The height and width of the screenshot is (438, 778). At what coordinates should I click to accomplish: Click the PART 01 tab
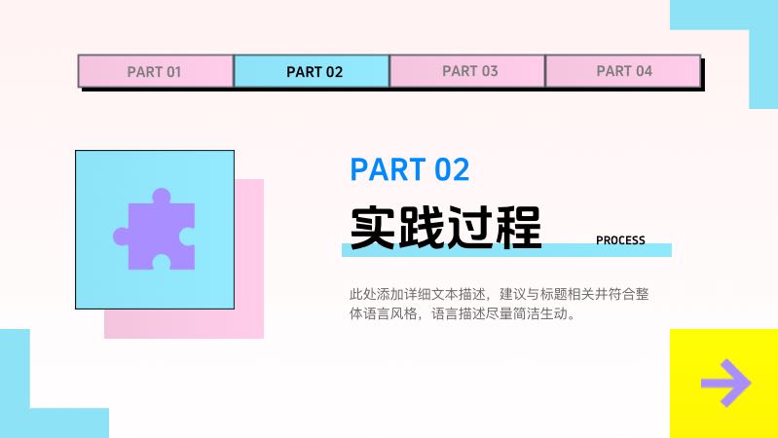coord(155,71)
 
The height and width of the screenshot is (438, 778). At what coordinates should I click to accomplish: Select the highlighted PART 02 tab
coord(312,71)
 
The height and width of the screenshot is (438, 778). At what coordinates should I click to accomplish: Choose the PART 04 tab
coord(623,71)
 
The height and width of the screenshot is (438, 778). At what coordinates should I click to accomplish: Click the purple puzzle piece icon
coord(155,230)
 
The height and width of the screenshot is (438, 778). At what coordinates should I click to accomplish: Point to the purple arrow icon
coord(725,383)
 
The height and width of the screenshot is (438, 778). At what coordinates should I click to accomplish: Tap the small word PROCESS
coord(620,240)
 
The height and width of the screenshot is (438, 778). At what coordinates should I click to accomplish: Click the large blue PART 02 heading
coord(410,169)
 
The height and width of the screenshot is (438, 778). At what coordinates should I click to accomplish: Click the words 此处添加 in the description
coord(374,293)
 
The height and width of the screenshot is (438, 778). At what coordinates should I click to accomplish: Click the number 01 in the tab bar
coord(172,71)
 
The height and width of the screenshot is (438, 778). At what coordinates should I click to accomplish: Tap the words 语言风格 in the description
coord(391,314)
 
